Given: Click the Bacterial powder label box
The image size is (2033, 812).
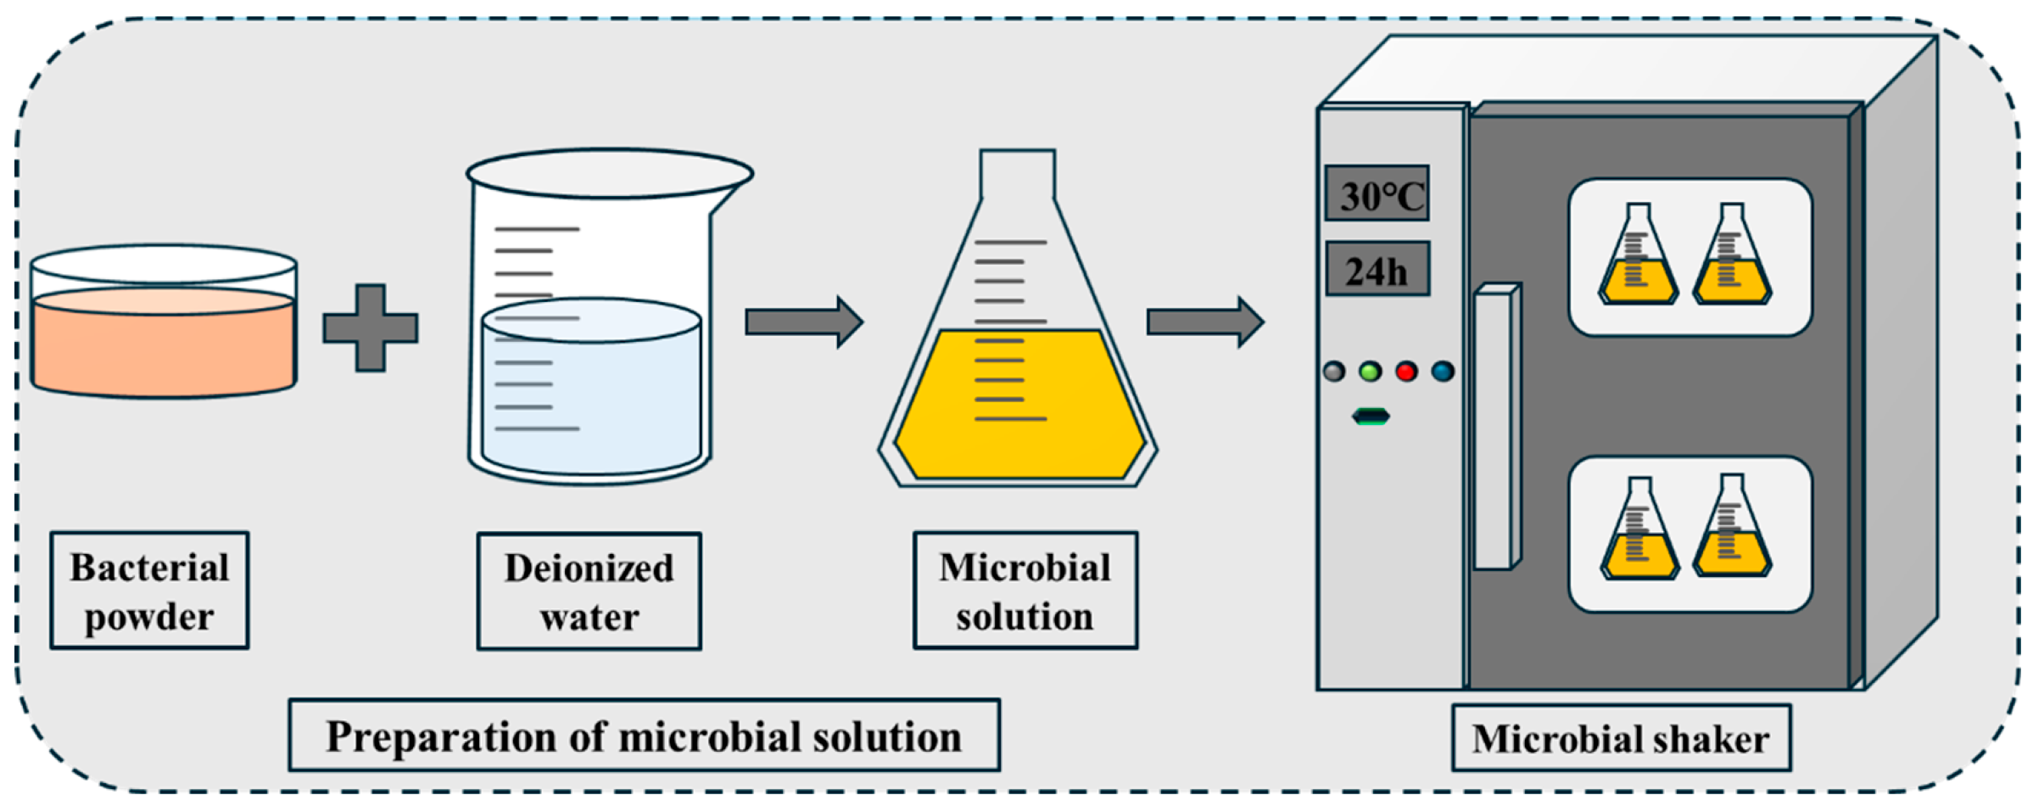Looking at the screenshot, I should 149,591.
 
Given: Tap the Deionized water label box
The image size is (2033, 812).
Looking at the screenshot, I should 589,591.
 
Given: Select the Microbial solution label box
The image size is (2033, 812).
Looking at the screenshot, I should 1025,591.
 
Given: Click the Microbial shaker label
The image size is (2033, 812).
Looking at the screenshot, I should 1620,737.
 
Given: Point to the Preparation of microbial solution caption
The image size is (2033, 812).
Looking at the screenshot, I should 644,735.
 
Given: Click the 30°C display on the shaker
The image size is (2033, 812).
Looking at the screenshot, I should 1377,193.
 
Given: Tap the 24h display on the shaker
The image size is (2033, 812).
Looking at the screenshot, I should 1377,269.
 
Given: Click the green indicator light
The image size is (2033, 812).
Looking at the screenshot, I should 1371,371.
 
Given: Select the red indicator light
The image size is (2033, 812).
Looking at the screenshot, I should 1407,371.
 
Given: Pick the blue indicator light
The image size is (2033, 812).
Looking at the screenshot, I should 1443,371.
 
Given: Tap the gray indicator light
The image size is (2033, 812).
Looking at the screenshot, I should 1334,371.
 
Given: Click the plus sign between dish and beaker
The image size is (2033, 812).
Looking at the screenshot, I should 371,328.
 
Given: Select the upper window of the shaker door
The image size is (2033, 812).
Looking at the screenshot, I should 1690,257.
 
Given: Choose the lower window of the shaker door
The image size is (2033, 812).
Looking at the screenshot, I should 1690,534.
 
